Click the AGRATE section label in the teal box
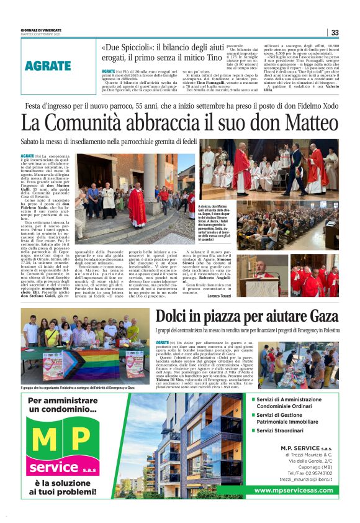(x=48, y=65)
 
